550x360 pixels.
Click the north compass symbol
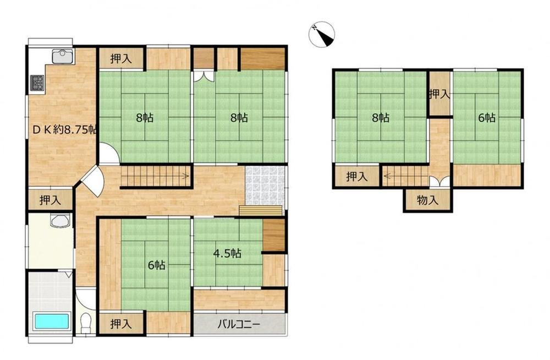point(322,34)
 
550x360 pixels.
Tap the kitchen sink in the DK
point(63,56)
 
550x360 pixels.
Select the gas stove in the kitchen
point(37,83)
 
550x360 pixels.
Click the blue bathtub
point(52,321)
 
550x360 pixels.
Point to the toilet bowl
point(86,323)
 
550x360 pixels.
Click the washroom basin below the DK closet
point(61,221)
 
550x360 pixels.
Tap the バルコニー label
point(239,324)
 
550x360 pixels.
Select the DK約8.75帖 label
point(64,129)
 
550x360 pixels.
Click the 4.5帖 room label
point(227,253)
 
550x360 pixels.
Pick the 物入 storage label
point(427,200)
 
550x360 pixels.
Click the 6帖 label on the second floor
point(487,118)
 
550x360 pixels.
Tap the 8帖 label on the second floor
point(381,117)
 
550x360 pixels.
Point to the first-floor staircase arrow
point(156,176)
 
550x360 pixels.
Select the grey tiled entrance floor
point(266,186)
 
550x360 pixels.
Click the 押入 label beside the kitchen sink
point(121,59)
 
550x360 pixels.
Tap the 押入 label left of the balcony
point(121,324)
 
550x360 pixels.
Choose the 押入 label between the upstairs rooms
point(439,94)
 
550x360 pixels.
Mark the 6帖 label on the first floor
point(156,265)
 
